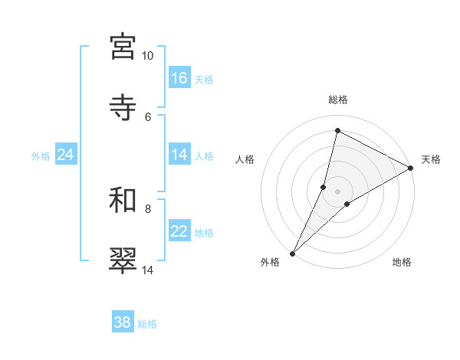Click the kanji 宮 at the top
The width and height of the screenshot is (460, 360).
click(x=123, y=47)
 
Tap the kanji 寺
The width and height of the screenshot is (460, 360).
click(x=123, y=106)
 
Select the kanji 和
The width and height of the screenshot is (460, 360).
click(x=123, y=200)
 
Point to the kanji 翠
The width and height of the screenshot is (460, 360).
click(x=123, y=260)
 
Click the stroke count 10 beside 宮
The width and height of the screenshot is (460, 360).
click(x=148, y=56)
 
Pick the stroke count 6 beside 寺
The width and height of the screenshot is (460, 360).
click(x=148, y=116)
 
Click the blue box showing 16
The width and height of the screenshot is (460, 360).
click(x=179, y=77)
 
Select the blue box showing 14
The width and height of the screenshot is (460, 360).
click(x=179, y=155)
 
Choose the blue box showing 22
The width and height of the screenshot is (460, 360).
click(x=179, y=231)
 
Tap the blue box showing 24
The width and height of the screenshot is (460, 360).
click(x=66, y=155)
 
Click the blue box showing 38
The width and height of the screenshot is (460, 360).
click(x=123, y=322)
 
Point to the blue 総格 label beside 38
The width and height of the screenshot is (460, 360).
click(x=148, y=324)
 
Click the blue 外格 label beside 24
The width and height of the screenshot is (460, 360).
click(x=41, y=155)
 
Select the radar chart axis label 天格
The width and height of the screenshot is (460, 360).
click(x=431, y=159)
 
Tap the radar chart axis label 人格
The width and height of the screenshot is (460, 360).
click(x=245, y=159)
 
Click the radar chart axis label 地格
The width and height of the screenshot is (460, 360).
click(x=402, y=262)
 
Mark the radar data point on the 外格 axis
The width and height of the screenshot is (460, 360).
click(x=292, y=253)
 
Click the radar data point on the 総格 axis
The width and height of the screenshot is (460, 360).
click(x=337, y=130)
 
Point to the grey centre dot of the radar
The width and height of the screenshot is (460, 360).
click(x=338, y=191)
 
